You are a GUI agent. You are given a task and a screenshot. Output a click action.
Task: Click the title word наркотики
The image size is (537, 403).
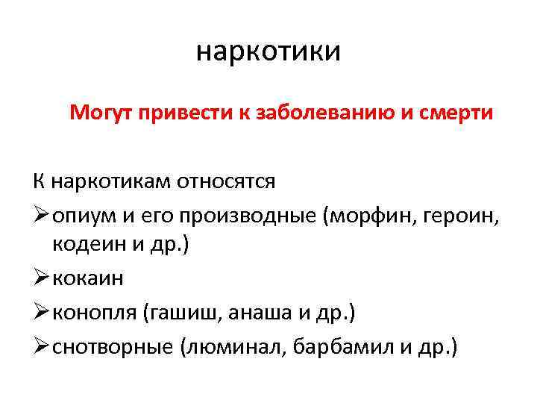tap(268, 52)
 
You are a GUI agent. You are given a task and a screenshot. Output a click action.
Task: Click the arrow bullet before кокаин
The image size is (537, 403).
tap(41, 278)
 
